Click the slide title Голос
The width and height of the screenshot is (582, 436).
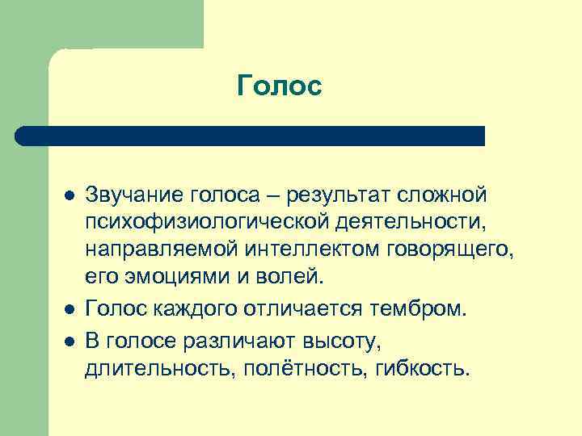[280, 86]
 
